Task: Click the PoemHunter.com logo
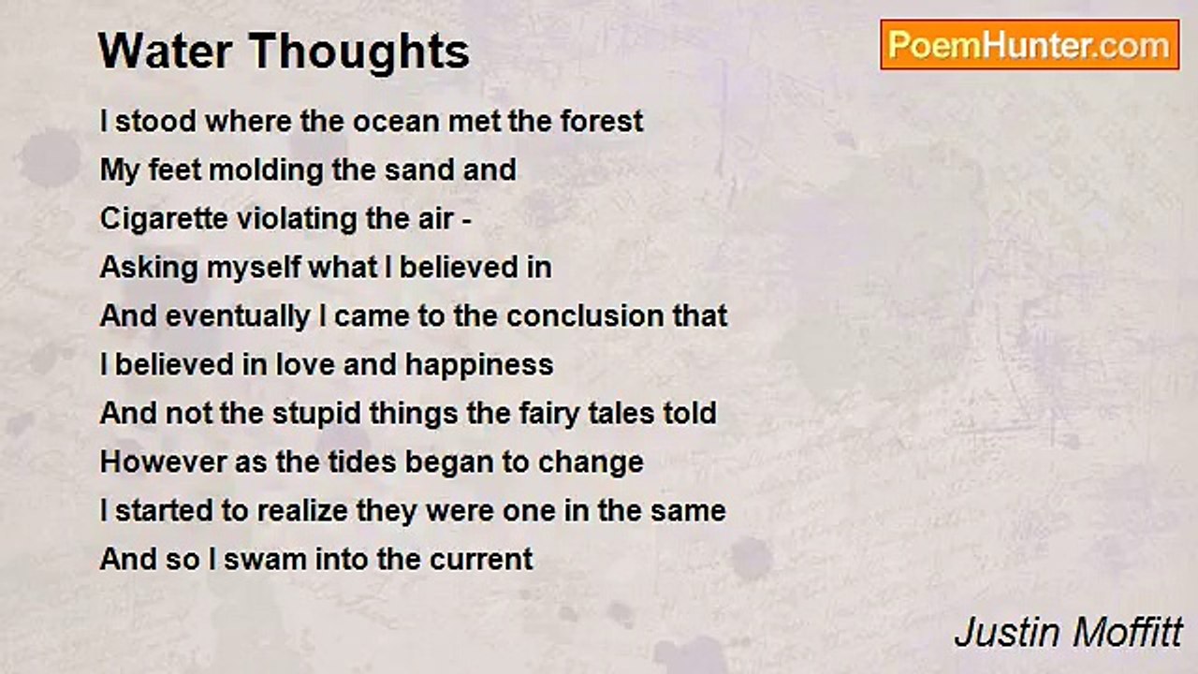1030,45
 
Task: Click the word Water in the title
166,51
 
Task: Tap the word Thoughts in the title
358,51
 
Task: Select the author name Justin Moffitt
1068,632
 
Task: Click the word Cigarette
164,219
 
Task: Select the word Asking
149,268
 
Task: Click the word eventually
238,316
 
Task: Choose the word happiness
479,366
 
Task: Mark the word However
163,462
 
